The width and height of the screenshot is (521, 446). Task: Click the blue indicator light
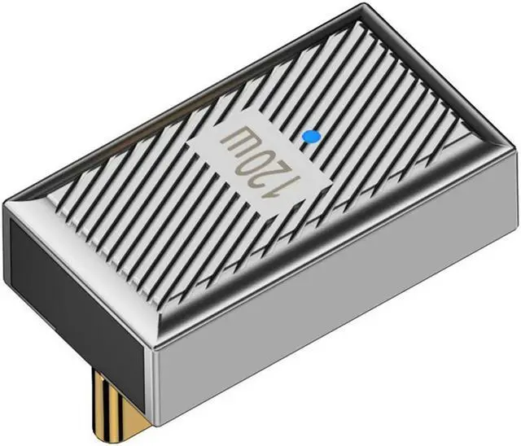[x=311, y=137]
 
